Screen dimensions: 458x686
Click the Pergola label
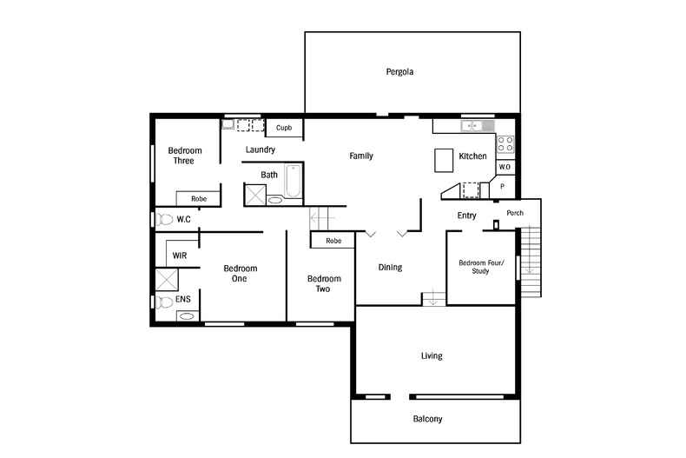[x=399, y=72]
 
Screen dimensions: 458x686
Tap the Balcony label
[x=427, y=419]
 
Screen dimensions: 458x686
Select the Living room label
[x=432, y=355]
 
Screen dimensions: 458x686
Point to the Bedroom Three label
[x=185, y=156]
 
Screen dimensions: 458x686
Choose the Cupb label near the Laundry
[x=284, y=128]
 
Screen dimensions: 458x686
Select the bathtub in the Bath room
[x=293, y=184]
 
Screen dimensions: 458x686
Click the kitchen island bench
[x=445, y=160]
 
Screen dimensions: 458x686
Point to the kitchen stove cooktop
[x=505, y=144]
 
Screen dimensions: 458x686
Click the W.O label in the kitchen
[x=505, y=167]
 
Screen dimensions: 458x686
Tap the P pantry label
[x=503, y=186]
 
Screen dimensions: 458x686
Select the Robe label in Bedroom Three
[x=199, y=199]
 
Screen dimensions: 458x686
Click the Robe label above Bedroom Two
[x=333, y=241]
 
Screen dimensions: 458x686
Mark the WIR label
[x=180, y=256]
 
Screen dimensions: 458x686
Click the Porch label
[x=515, y=213]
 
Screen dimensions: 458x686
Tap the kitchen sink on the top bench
[x=474, y=126]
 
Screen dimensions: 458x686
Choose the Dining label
[x=390, y=268]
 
